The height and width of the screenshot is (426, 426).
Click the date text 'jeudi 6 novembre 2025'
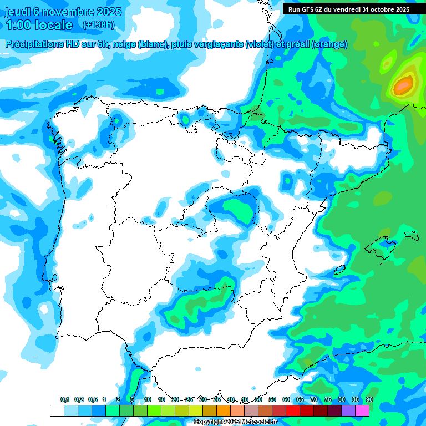[63, 12]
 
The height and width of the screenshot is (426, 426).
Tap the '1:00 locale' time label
[39, 25]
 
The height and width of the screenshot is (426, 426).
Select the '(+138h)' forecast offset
[98, 25]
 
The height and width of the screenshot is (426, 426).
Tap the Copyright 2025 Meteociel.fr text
[235, 422]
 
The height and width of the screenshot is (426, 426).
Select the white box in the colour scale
[57, 410]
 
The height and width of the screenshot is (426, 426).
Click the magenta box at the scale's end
[362, 410]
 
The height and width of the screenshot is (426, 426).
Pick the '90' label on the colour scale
[369, 399]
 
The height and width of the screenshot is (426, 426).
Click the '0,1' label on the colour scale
[65, 399]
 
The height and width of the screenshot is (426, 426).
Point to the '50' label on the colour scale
[258, 399]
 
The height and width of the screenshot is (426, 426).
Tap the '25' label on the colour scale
[189, 399]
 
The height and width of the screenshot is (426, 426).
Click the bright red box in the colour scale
[293, 410]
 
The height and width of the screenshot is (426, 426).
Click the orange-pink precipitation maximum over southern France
[404, 84]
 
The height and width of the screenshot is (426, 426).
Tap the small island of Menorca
[411, 235]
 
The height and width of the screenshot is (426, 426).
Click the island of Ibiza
[338, 271]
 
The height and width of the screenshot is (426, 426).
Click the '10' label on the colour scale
[148, 399]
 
